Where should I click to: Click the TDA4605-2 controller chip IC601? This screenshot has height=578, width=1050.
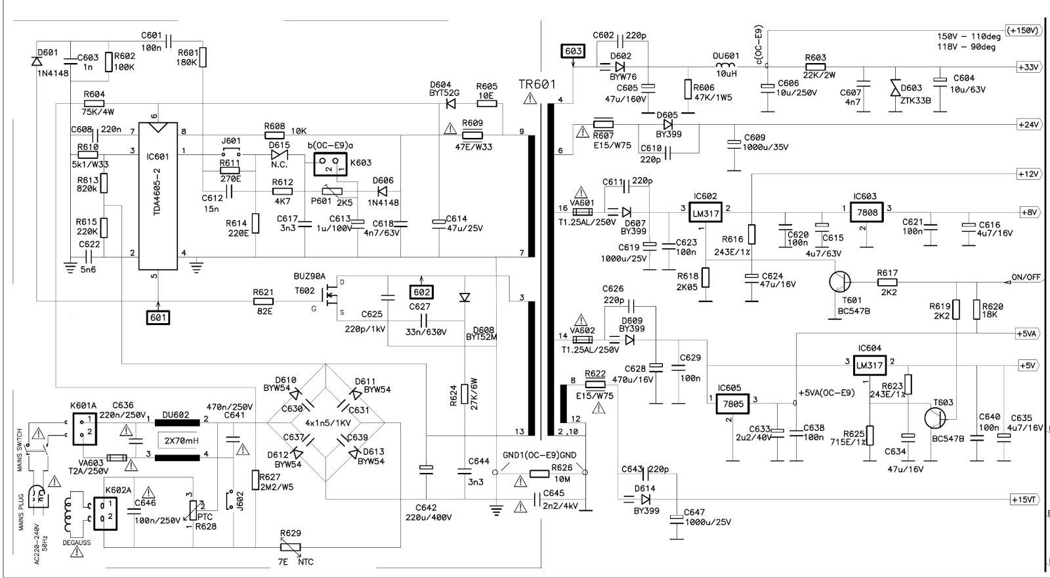[158, 196]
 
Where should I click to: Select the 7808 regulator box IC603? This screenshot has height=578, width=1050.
[867, 213]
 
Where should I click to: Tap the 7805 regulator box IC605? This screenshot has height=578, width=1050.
[732, 403]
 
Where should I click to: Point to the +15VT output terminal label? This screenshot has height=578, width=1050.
[1024, 500]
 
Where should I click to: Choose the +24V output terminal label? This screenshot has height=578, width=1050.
[1028, 125]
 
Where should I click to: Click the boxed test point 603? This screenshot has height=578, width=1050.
[574, 51]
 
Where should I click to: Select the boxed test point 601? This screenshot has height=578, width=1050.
[158, 318]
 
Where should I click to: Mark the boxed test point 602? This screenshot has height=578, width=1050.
[421, 292]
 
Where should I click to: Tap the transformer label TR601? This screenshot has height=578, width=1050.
[537, 85]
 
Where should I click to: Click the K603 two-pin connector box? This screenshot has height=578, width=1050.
[330, 165]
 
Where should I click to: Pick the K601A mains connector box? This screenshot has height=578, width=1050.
[85, 429]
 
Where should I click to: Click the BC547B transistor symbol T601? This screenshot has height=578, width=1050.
[839, 282]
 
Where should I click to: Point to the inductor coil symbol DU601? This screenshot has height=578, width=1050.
[726, 66]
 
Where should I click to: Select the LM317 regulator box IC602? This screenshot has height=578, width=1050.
[705, 213]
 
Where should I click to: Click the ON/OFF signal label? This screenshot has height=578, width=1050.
[1026, 277]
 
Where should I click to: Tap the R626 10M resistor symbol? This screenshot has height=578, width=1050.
[539, 474]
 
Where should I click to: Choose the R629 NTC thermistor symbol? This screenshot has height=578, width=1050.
[290, 547]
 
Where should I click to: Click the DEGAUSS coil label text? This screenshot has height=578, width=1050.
[77, 543]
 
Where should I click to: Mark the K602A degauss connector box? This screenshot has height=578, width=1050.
[105, 513]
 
